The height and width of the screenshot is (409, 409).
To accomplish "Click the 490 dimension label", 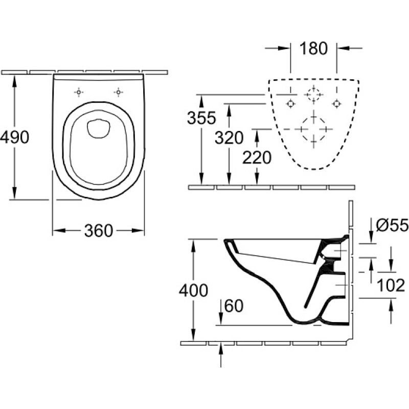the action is [x=15, y=137].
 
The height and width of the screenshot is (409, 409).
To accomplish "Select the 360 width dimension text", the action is [x=99, y=231].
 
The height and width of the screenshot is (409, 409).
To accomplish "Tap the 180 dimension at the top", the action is [x=313, y=49].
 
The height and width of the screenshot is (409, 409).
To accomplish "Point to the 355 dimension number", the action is [x=201, y=118].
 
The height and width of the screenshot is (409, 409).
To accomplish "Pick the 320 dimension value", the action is [x=229, y=138].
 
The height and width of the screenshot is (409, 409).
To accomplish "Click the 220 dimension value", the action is [x=257, y=157].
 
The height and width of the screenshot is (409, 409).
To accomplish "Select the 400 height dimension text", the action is [x=193, y=290].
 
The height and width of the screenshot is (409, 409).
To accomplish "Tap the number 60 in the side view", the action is [x=234, y=306].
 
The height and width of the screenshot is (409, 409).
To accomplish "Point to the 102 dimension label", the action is [x=391, y=285].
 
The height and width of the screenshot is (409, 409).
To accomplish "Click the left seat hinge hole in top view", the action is [x=79, y=93].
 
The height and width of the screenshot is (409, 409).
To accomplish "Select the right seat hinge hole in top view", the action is [x=118, y=93].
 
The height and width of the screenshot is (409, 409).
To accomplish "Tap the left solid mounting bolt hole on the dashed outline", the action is [x=290, y=104].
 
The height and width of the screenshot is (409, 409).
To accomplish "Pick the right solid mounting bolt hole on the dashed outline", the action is [x=336, y=104].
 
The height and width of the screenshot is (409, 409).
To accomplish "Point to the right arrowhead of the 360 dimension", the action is [x=138, y=231].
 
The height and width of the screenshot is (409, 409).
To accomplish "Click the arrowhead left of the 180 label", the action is [x=284, y=48].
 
